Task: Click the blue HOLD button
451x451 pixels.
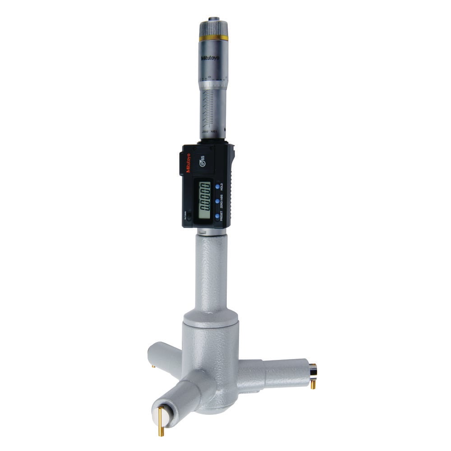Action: (217, 186)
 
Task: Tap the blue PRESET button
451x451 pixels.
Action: (217, 216)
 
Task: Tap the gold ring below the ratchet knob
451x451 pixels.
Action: (213, 37)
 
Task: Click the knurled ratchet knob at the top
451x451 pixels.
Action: (213, 28)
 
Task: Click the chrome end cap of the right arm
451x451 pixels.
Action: (313, 370)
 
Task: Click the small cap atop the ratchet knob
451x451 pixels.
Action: (213, 19)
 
